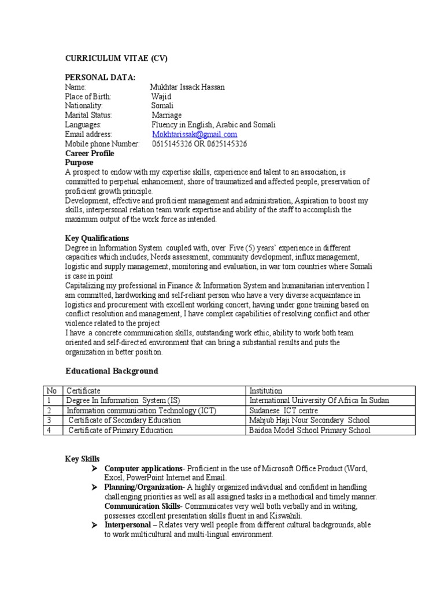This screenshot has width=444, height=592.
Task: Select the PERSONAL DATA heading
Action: pos(100,77)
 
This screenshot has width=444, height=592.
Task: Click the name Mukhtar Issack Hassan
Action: pos(187,87)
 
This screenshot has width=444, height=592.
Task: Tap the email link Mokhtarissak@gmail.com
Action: pos(195,134)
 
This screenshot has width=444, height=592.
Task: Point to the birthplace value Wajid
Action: pos(161,97)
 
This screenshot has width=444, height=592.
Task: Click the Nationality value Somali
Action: pos(162,106)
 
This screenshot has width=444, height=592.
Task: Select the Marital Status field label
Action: pos(88,115)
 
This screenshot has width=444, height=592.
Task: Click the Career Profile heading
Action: pos(90,153)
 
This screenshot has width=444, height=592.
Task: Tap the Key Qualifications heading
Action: pos(97,238)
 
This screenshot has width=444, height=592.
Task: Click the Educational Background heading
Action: pos(111,371)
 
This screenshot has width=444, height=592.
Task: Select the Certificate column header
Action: pos(84,391)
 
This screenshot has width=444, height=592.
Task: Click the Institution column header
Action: pos(266,391)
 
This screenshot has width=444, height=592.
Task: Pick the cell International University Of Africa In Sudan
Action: pos(319,401)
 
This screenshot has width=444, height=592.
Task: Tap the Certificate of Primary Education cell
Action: pos(120,430)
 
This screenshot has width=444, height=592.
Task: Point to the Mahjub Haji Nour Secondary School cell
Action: pos(309,420)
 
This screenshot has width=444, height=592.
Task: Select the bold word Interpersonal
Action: pos(127,525)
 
